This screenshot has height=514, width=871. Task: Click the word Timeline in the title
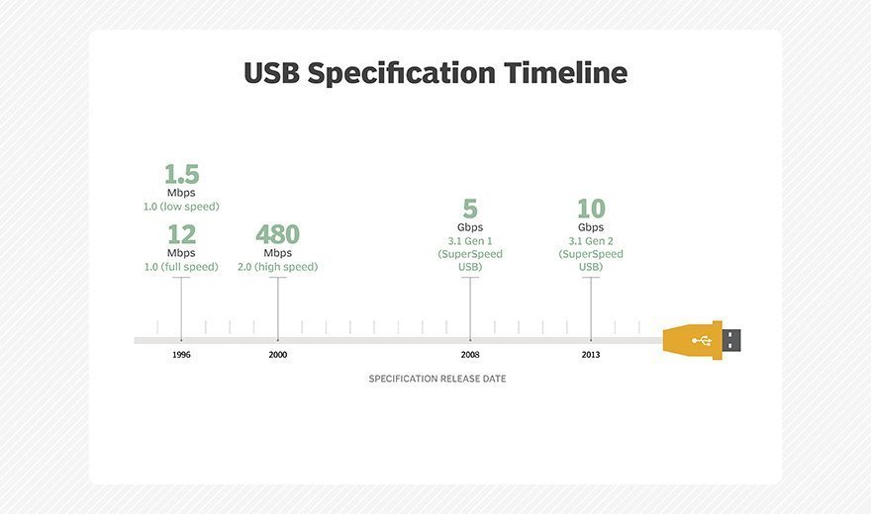(x=565, y=72)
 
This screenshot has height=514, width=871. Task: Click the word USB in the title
(x=271, y=72)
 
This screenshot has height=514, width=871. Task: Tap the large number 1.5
(x=182, y=174)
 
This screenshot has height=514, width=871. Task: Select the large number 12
(x=182, y=234)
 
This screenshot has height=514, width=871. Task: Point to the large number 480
(x=278, y=234)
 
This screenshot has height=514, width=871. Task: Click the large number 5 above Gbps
(x=470, y=209)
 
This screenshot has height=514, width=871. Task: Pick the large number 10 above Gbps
(x=591, y=209)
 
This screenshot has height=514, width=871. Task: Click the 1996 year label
(x=181, y=355)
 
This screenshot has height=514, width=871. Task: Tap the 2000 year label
(x=278, y=355)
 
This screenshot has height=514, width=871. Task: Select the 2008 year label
(x=470, y=355)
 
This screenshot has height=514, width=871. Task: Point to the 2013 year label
(x=591, y=355)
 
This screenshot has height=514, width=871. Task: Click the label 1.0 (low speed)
(x=181, y=207)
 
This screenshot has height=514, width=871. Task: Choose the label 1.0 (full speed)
(x=181, y=267)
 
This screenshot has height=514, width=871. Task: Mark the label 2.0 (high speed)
(x=278, y=267)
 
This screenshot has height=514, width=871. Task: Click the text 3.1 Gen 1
(x=470, y=241)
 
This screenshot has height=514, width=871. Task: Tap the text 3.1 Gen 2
(x=591, y=241)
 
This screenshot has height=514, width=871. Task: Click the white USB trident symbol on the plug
(x=702, y=340)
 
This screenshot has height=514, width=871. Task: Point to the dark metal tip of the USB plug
(x=731, y=340)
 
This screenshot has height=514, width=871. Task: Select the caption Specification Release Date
(x=437, y=379)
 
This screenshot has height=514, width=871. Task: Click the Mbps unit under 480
(x=278, y=253)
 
